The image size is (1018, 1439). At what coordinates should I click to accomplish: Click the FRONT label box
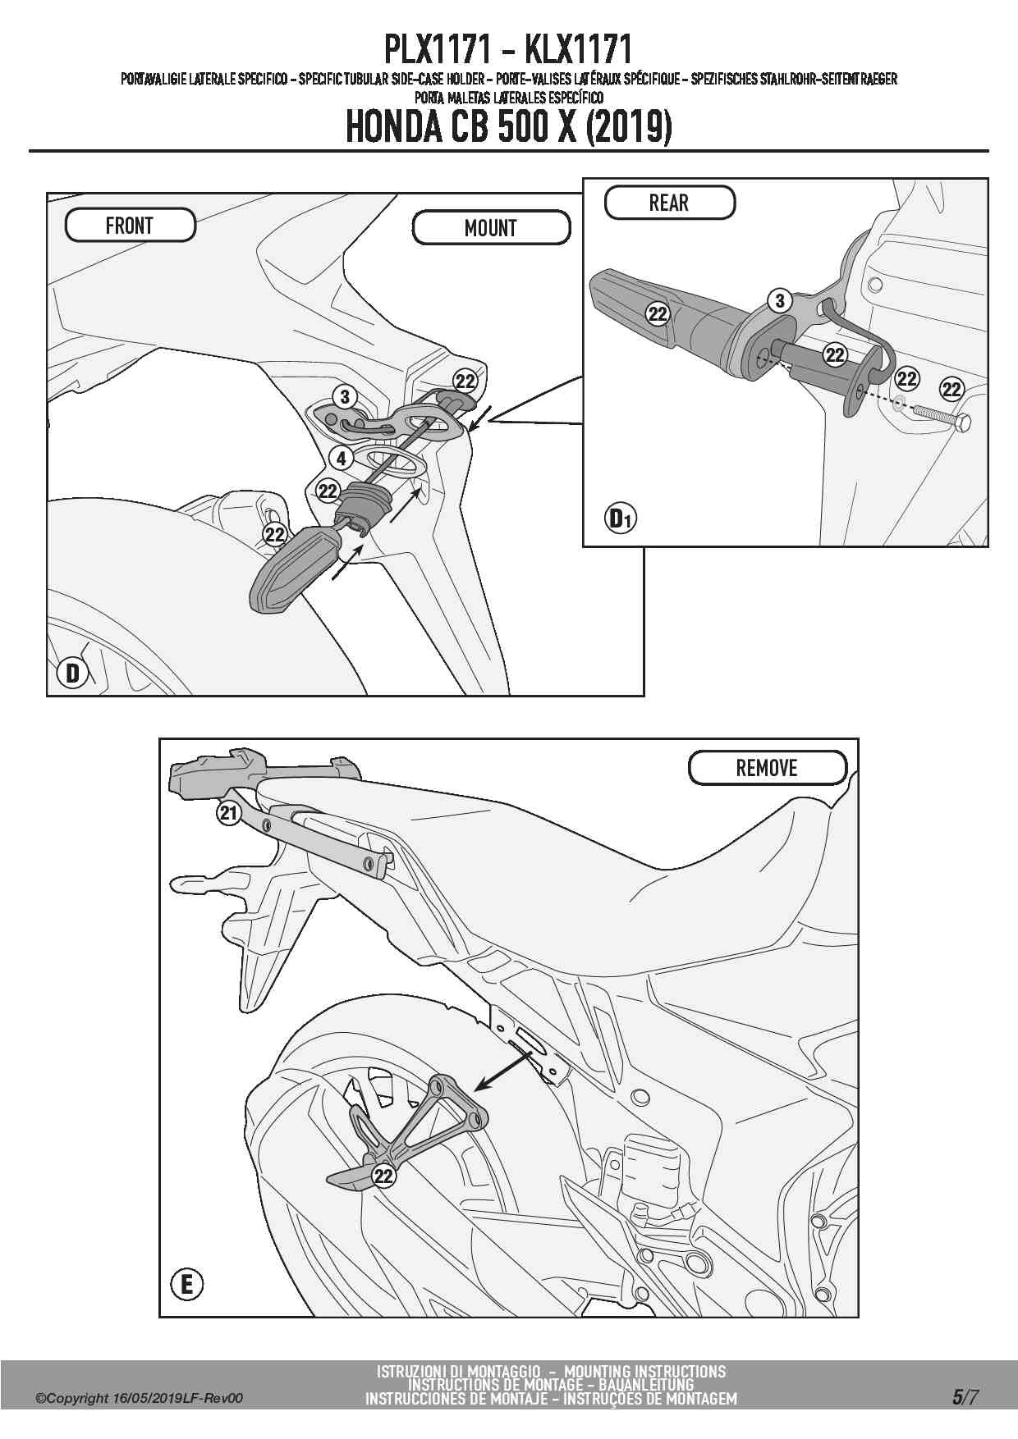130,226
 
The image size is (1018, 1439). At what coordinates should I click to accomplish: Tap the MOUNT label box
491,228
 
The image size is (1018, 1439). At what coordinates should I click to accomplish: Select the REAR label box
669,203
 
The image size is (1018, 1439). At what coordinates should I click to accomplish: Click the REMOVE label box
767,768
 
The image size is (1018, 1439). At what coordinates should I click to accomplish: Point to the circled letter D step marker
73,674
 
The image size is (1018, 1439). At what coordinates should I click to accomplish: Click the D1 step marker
620,518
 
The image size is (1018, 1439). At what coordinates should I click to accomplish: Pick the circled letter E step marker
186,1283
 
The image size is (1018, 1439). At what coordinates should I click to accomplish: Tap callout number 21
228,813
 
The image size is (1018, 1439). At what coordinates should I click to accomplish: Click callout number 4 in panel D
341,458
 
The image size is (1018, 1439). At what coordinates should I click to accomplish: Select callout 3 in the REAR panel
780,301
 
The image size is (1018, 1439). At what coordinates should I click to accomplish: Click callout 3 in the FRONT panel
345,397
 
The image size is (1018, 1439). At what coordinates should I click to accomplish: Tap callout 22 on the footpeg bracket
383,1176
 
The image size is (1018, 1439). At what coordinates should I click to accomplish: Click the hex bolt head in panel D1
963,423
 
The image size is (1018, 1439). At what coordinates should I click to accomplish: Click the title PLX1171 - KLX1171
508,50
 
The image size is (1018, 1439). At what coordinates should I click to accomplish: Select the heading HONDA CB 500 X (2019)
509,127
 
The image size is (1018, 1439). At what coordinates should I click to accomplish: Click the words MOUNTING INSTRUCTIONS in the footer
645,1371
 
